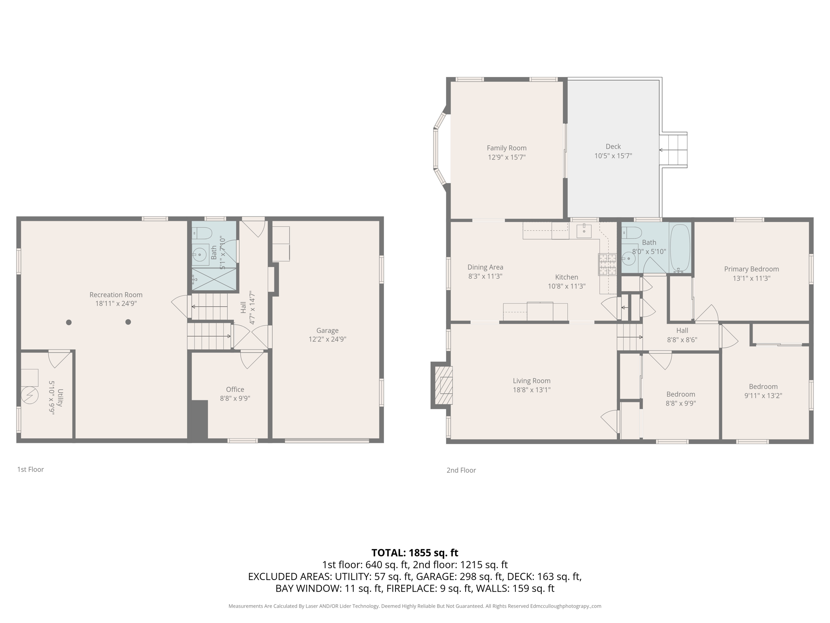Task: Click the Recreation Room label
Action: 116,295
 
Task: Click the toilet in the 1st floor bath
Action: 202,233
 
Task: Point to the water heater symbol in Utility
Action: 30,395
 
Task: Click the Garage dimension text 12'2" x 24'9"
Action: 327,339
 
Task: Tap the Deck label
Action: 613,146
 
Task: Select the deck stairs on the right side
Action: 673,150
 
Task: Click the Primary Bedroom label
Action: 751,269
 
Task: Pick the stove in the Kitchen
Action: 607,264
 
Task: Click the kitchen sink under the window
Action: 584,231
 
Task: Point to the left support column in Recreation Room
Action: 69,322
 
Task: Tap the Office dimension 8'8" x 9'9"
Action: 235,399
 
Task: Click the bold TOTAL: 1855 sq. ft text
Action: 415,552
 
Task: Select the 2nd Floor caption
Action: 461,470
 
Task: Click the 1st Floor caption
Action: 30,469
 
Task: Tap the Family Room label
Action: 506,148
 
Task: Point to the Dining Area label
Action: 485,267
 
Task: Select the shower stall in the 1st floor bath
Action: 214,279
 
